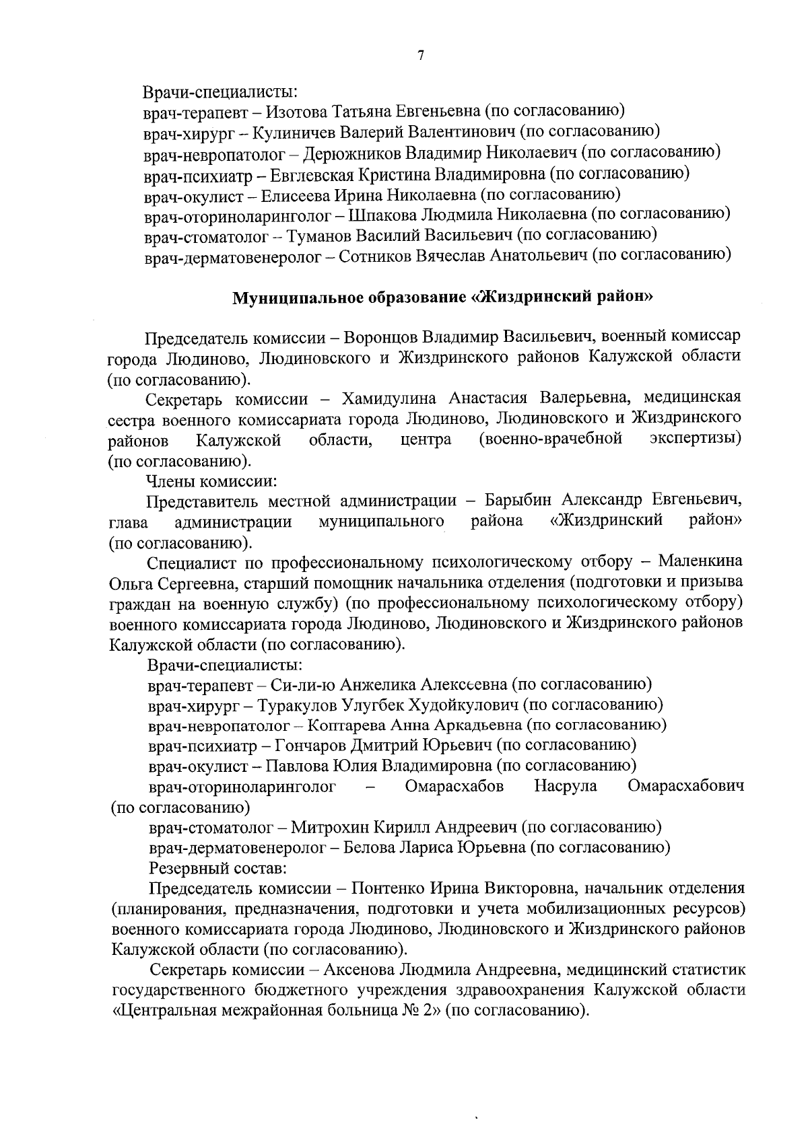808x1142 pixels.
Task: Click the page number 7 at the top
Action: [421, 57]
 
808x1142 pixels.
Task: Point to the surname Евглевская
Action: [310, 174]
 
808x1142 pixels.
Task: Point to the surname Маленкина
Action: [700, 562]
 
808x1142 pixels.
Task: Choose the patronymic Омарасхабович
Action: [685, 786]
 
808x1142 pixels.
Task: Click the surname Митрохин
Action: [326, 827]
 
